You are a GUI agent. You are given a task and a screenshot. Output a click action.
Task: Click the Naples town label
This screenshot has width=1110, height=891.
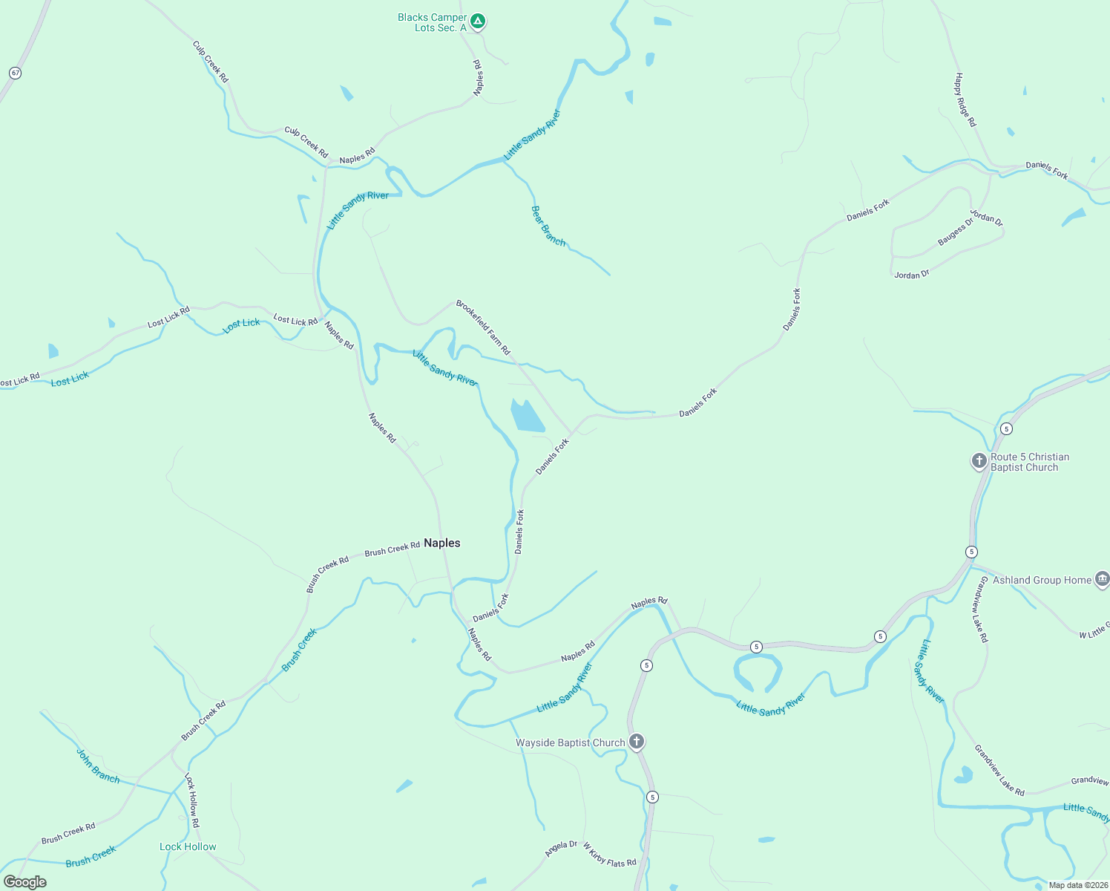click(x=441, y=543)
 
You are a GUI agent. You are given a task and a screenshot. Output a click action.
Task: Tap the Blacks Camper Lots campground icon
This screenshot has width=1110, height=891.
click(x=479, y=22)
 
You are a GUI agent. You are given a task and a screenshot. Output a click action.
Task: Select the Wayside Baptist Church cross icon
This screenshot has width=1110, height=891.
click(x=636, y=742)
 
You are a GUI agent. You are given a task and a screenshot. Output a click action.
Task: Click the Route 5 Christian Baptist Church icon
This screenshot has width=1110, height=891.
click(x=979, y=461)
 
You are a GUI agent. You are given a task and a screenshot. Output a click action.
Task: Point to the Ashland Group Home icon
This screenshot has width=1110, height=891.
click(x=1102, y=579)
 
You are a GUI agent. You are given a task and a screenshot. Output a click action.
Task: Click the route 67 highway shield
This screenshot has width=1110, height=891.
click(x=16, y=73)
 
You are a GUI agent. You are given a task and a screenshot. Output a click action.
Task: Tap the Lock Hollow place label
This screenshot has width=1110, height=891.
click(x=188, y=846)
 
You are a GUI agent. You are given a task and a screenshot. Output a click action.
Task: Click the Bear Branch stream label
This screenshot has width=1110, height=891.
click(x=548, y=226)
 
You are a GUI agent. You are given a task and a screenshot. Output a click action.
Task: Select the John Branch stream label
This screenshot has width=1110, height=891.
click(x=98, y=766)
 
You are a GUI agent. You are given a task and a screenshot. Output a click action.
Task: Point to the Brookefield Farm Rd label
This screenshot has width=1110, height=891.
click(x=483, y=327)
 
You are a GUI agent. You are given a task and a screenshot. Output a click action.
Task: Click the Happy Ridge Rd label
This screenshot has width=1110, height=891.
click(x=965, y=99)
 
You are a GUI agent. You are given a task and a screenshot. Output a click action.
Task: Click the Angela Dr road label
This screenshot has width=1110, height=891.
click(x=561, y=849)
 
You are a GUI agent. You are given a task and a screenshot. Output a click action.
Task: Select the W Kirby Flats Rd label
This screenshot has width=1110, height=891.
click(x=609, y=855)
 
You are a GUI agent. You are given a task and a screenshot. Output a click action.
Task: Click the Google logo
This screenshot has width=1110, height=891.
click(x=25, y=882)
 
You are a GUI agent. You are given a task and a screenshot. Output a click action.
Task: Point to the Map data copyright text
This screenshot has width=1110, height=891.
click(x=1077, y=885)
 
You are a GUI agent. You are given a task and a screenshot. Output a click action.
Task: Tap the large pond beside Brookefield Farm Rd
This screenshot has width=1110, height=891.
click(x=527, y=416)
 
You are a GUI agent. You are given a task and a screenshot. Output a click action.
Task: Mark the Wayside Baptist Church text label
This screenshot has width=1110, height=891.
click(x=570, y=742)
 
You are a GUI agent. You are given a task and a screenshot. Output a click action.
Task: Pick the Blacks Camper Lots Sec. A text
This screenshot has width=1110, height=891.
click(x=433, y=22)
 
